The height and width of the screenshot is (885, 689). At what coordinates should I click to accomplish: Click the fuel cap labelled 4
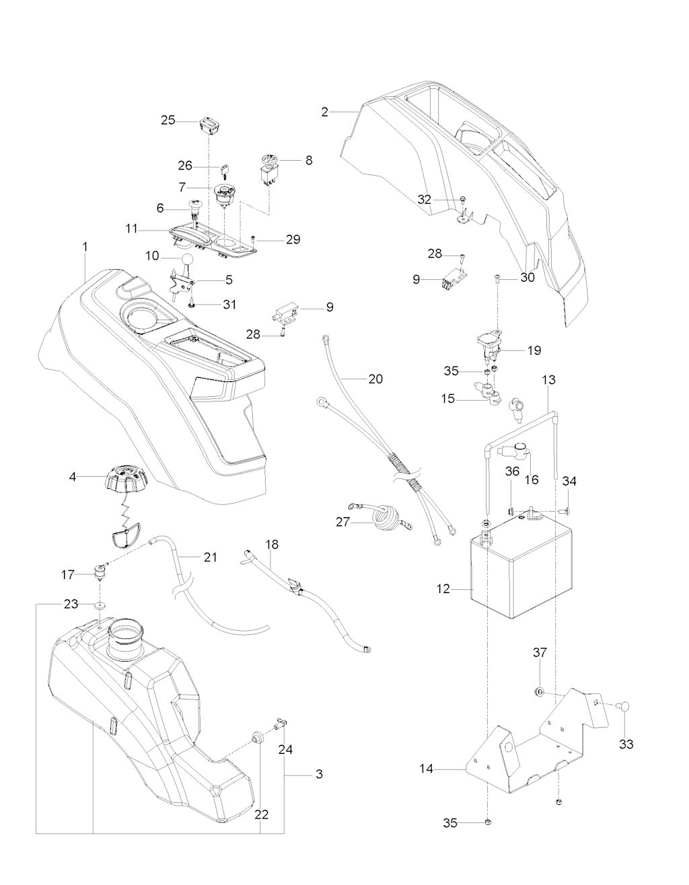click(125, 479)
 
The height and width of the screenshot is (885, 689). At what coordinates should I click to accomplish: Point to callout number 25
click(168, 120)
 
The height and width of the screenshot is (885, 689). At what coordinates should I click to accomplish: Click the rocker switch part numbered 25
click(209, 124)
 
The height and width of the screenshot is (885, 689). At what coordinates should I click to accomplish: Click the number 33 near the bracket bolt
click(626, 744)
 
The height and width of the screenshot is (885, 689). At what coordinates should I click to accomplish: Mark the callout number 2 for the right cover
click(325, 112)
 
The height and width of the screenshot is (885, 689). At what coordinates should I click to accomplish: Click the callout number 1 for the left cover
click(85, 247)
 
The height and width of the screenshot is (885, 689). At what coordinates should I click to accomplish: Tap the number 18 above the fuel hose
click(272, 543)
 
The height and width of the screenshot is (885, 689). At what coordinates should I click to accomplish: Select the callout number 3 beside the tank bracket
click(319, 774)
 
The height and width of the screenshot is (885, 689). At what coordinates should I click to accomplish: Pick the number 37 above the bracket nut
click(541, 652)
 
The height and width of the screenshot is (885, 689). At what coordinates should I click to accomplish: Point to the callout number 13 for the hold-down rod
click(548, 380)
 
